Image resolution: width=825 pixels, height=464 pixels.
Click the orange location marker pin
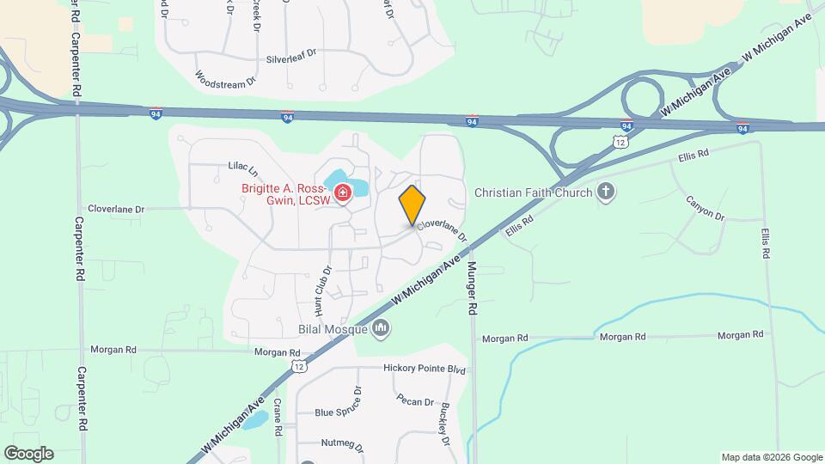pyautogui.click(x=412, y=205)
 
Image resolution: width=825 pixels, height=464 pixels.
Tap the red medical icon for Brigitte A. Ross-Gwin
pyautogui.click(x=343, y=194)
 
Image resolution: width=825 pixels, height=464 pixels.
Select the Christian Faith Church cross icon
pyautogui.click(x=607, y=192)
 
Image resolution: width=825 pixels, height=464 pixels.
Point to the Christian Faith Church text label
pyautogui.click(x=533, y=192)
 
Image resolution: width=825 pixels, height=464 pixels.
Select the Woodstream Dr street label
pyautogui.click(x=226, y=78)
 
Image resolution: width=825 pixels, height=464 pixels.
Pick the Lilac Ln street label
pyautogui.click(x=243, y=165)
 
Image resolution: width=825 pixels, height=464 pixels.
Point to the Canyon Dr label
pyautogui.click(x=705, y=207)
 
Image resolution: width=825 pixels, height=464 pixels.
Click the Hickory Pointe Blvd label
pyautogui.click(x=424, y=369)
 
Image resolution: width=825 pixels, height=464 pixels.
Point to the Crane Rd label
pyautogui.click(x=278, y=418)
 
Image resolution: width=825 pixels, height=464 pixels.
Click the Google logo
pyautogui.click(x=28, y=454)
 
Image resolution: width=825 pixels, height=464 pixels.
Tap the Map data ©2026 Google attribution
pyautogui.click(x=771, y=457)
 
